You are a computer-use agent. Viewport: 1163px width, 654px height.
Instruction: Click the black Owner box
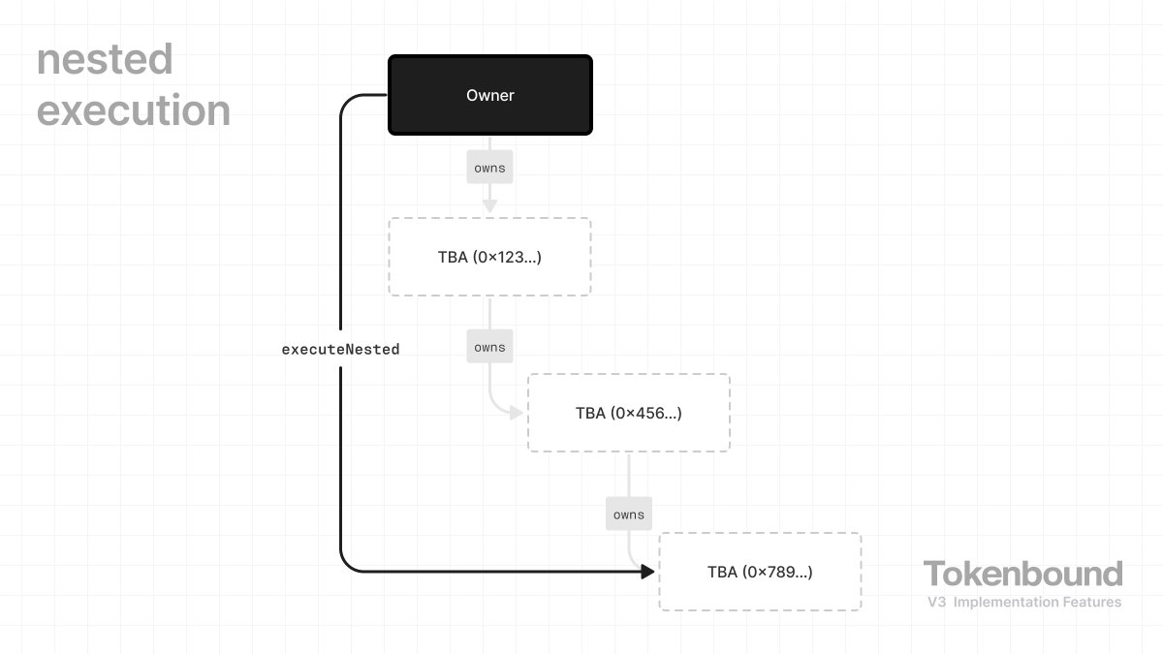[489, 95]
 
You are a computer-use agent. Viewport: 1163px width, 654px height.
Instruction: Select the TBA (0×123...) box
[489, 257]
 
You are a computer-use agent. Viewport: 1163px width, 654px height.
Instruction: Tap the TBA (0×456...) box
[628, 413]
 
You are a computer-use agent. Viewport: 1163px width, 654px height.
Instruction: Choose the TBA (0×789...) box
[760, 572]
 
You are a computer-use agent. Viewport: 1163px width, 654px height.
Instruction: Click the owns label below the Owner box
[489, 168]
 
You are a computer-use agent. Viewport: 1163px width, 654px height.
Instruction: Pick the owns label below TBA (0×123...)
[489, 347]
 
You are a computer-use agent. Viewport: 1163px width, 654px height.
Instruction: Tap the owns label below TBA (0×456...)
[629, 514]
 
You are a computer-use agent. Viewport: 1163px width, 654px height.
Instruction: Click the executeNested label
[340, 349]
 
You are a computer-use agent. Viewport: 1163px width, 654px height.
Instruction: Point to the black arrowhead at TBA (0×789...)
[648, 572]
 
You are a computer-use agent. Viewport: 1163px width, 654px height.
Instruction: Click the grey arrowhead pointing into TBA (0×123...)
[489, 205]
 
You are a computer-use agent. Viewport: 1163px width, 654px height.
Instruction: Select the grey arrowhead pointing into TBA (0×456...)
[516, 413]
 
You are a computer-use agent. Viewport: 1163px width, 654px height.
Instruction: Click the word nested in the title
[105, 60]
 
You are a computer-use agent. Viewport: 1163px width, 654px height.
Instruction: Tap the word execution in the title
[134, 110]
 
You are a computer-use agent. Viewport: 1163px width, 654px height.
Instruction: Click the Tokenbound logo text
[1022, 574]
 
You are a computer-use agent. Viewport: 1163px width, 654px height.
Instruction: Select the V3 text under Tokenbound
[936, 603]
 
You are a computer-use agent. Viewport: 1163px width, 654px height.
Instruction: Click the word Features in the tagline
[1093, 603]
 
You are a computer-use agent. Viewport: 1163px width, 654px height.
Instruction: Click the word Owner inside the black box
[489, 95]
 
